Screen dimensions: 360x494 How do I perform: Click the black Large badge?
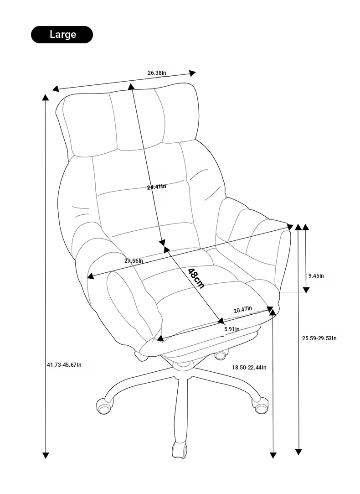pos(62,35)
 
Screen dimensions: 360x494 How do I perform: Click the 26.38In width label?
pos(157,73)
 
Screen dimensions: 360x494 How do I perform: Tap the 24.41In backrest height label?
pos(157,187)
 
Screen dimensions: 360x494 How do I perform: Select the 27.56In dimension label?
pos(134,260)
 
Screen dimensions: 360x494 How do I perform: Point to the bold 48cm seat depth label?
pos(196,278)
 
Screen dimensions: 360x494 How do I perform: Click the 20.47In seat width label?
pos(242,309)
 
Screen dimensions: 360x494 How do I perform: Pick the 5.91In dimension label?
pos(232,329)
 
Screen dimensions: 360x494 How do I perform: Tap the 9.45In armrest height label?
pos(316,276)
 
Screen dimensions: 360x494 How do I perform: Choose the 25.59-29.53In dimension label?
pos(319,338)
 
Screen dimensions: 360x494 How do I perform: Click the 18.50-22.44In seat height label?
pos(249,367)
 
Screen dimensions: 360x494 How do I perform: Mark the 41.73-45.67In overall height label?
pos(64,364)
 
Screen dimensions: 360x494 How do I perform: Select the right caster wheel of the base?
pos(261,406)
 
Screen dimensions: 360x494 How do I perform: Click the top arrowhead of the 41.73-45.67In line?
pos(46,97)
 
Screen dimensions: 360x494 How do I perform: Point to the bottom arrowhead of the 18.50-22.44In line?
pos(273,455)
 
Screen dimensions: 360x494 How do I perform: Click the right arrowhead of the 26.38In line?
pos(192,73)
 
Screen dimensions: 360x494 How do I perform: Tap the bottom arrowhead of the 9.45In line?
pos(306,290)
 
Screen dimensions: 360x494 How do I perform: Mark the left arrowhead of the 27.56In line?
pos(91,276)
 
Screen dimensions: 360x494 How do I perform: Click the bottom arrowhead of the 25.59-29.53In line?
pos(298,452)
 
